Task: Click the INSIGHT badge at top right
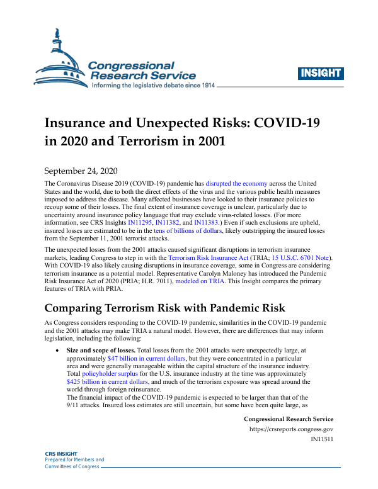pos(321,72)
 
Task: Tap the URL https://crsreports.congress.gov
pos(292,430)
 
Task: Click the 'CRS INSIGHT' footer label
pos(61,454)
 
